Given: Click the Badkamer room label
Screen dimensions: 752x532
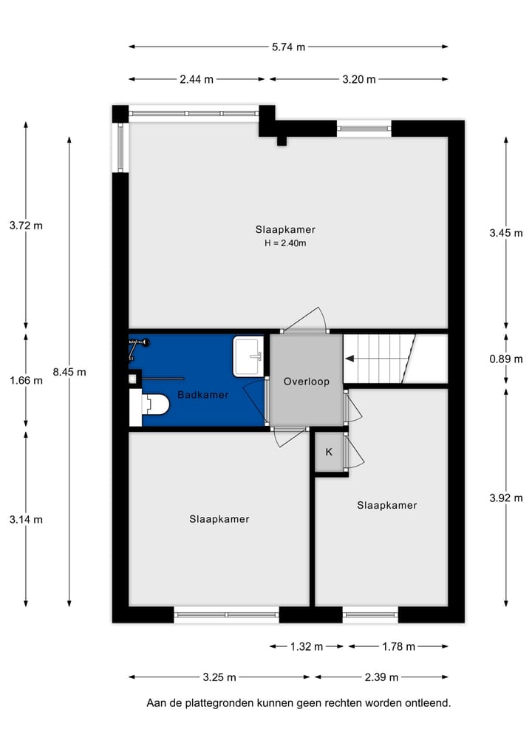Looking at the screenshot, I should pyautogui.click(x=202, y=395).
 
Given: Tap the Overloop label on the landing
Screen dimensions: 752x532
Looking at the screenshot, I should pyautogui.click(x=306, y=382).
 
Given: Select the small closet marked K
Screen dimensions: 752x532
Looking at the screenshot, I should pyautogui.click(x=329, y=451).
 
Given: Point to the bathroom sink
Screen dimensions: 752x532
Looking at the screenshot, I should pyautogui.click(x=248, y=356).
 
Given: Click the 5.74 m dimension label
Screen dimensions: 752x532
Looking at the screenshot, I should pyautogui.click(x=288, y=47).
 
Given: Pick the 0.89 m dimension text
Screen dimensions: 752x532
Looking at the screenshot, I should pyautogui.click(x=506, y=359).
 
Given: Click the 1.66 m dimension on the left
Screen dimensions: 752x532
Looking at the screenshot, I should pyautogui.click(x=26, y=381).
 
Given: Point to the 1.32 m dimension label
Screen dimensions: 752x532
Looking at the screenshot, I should pyautogui.click(x=307, y=646).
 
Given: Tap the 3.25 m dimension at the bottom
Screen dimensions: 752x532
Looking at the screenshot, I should pyautogui.click(x=219, y=677).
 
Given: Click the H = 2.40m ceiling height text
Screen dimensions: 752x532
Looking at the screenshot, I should pyautogui.click(x=285, y=243).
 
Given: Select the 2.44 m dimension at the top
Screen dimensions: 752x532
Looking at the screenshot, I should pyautogui.click(x=197, y=79).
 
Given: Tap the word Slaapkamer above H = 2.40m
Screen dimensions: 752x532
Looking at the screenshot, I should pyautogui.click(x=285, y=229).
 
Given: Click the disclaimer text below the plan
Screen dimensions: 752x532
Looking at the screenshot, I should pyautogui.click(x=299, y=703).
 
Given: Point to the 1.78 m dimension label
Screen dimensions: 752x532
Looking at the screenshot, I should pyautogui.click(x=398, y=646).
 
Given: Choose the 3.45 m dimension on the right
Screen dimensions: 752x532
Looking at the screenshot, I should pyautogui.click(x=506, y=233).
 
